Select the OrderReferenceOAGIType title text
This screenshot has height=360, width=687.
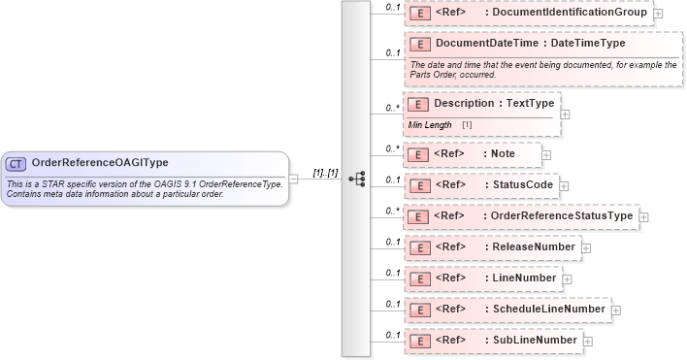(100, 163)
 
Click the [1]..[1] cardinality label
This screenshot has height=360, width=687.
(325, 173)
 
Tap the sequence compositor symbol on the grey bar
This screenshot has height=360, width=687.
(356, 179)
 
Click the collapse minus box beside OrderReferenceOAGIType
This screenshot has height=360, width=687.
(293, 179)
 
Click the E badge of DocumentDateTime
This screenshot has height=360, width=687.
(420, 44)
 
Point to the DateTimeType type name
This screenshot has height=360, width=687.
(588, 44)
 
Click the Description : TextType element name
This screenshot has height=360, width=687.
(494, 104)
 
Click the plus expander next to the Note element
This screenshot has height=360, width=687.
(546, 153)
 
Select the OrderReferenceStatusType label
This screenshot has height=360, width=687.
(562, 215)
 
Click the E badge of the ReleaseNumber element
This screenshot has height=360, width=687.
(420, 247)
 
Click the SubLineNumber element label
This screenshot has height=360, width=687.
(534, 341)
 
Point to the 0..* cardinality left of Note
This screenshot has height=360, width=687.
(392, 148)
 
